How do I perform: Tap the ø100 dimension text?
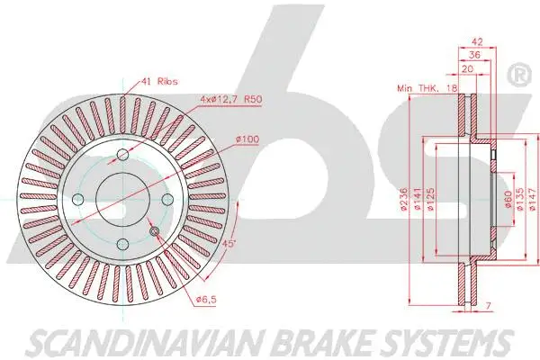coord(247,138)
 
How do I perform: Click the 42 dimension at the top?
coord(477,40)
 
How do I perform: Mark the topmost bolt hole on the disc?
coord(123,157)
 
